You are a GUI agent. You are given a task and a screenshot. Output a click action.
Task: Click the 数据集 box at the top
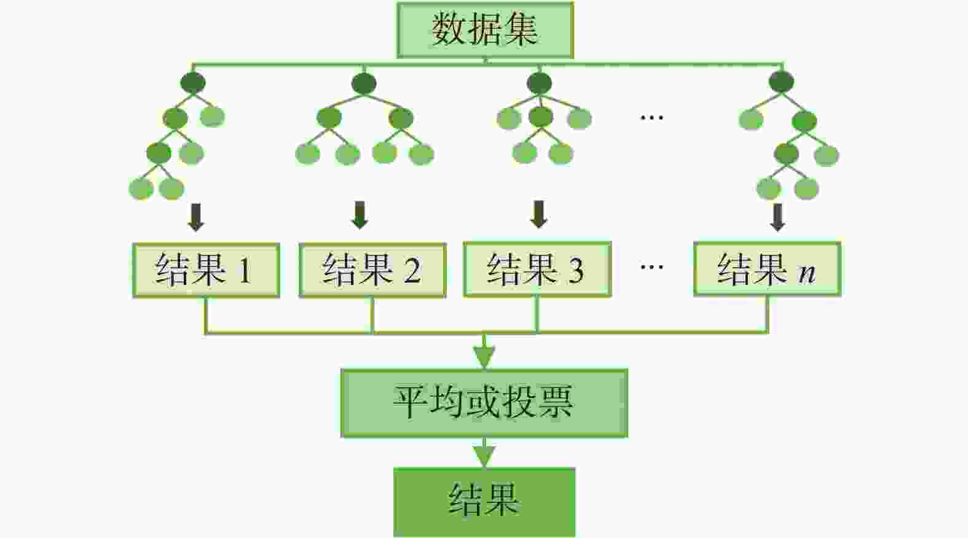pos(485,30)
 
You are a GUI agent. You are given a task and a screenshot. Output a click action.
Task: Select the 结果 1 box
pos(206,270)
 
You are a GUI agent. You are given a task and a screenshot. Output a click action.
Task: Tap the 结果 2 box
pos(372,270)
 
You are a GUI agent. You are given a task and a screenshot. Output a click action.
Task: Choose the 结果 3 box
pos(537,269)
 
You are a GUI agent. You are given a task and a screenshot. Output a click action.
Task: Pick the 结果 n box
pos(766,269)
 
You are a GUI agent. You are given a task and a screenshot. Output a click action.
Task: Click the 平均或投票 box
pos(484,403)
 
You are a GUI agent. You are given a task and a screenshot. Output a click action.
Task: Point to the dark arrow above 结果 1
pos(196,218)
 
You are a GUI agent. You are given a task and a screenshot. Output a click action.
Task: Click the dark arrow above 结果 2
pos(360,216)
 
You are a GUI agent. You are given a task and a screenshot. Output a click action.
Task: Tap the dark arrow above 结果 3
pos(539,214)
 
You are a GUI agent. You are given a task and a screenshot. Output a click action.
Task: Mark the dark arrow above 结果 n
pos(777,217)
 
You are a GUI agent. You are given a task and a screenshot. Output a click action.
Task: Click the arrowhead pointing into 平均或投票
pos(484,357)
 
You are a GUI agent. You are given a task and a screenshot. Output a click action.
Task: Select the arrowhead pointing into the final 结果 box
pos(484,456)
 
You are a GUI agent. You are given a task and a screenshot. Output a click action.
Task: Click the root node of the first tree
pos(193,83)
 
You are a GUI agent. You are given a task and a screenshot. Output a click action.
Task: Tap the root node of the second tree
pos(364,84)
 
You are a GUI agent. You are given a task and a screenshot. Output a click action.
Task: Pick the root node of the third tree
pos(539,83)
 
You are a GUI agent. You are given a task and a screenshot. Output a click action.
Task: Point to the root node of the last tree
pos(782,82)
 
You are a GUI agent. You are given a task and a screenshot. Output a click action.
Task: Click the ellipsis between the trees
pos(651,117)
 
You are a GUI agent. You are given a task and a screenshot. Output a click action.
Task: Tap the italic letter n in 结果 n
pos(807,272)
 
